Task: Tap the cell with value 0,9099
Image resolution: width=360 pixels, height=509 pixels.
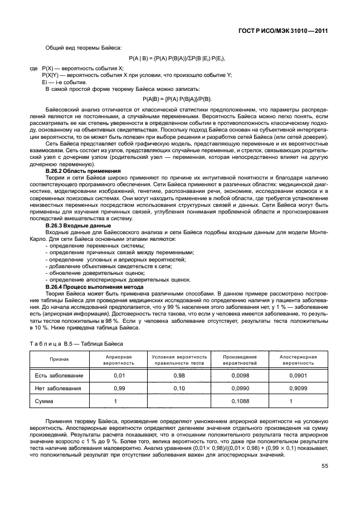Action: coord(298,388)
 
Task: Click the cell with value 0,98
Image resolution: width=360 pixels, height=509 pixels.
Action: coord(179,375)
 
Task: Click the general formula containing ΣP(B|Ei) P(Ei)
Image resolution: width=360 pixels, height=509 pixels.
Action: coord(177,58)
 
